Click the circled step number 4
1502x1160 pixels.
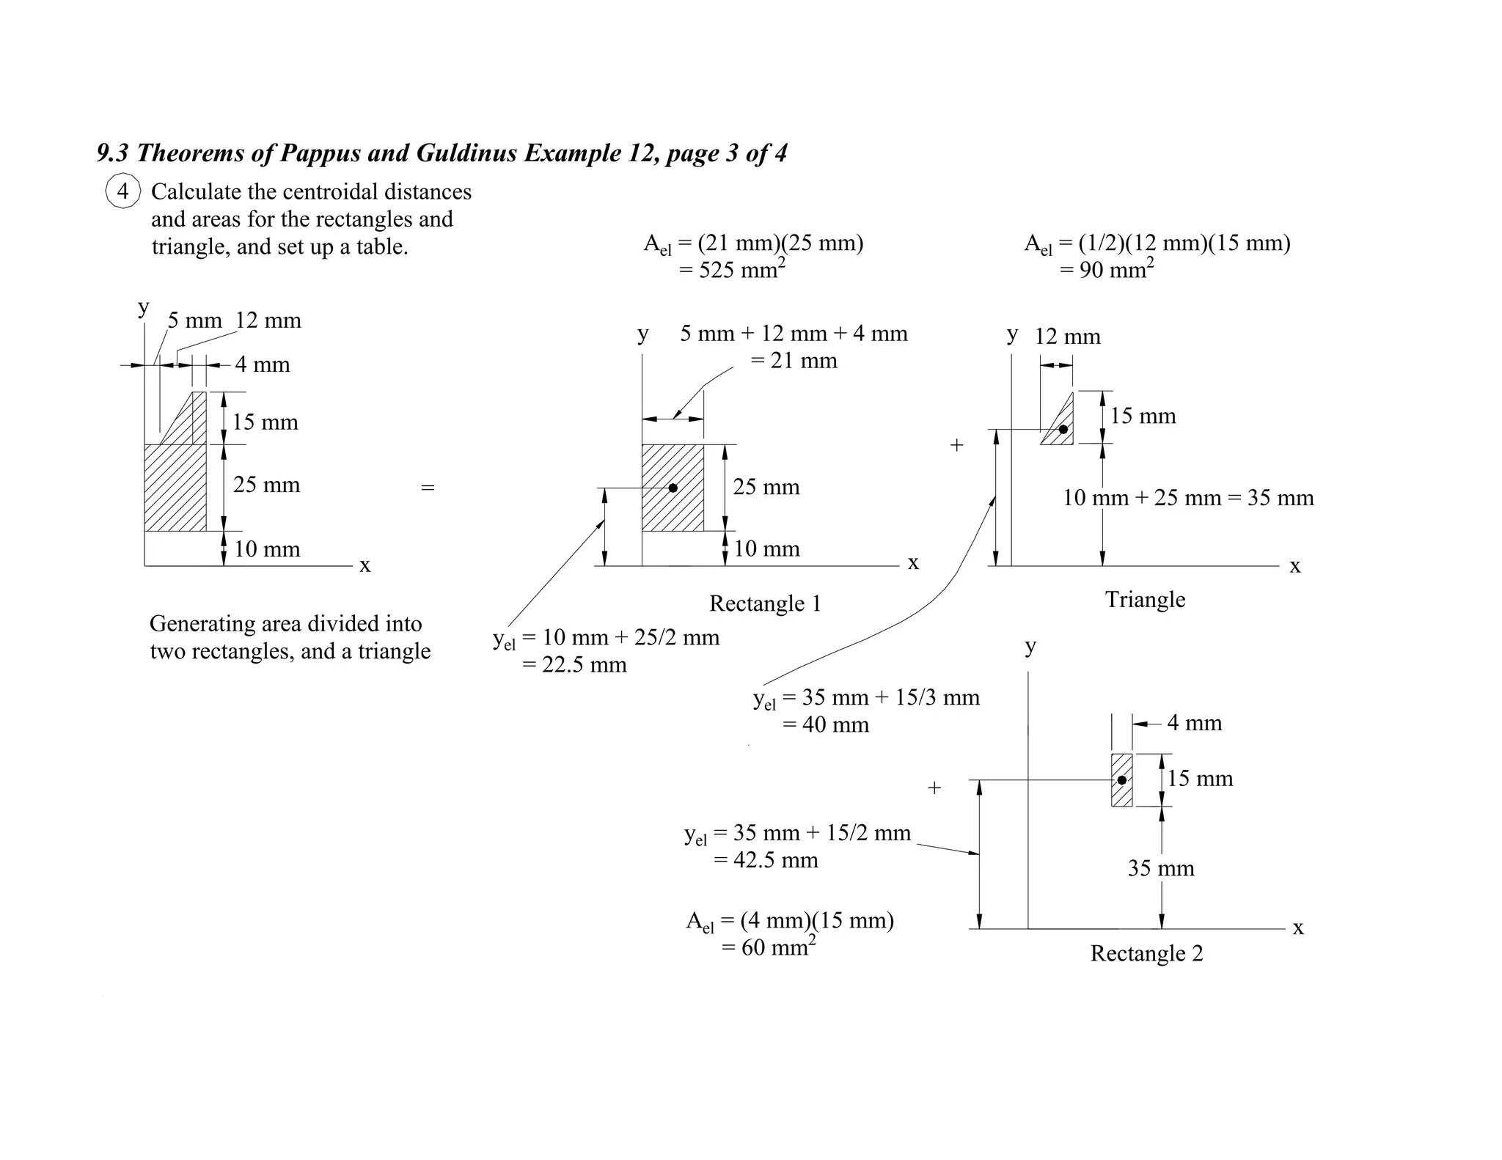click(122, 191)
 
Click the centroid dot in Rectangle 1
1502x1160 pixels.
click(673, 488)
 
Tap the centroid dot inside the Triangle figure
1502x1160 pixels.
click(1063, 429)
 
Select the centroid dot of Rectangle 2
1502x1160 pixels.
click(1121, 780)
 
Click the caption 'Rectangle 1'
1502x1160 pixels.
click(765, 603)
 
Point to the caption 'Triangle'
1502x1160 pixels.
click(1145, 600)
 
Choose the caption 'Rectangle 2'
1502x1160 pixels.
click(1146, 953)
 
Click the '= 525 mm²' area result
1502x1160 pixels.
click(732, 270)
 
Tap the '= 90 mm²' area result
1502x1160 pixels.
click(1106, 270)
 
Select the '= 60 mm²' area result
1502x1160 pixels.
click(768, 947)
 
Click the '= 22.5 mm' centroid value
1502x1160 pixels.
click(574, 665)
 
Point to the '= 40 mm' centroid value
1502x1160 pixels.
click(825, 724)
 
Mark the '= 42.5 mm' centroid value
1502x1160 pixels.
click(766, 859)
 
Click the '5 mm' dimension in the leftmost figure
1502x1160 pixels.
click(194, 320)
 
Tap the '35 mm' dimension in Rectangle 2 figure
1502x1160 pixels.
click(1161, 868)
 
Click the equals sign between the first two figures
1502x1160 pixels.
click(428, 487)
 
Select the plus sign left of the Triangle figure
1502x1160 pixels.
click(956, 444)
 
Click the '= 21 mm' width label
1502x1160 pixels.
click(794, 361)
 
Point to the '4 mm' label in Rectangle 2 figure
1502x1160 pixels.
click(1194, 723)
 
